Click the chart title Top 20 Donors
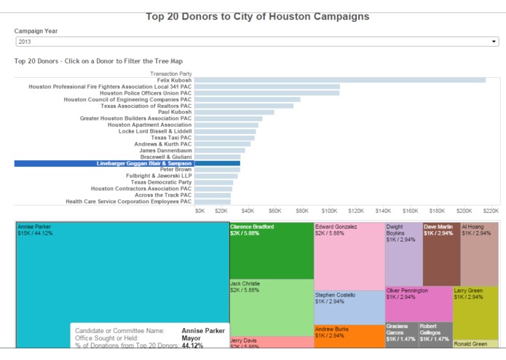click(x=257, y=16)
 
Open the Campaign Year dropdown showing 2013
click(x=256, y=42)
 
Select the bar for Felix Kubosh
click(x=339, y=80)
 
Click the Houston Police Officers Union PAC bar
click(x=266, y=93)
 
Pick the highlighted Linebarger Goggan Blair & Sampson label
click(x=144, y=163)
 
